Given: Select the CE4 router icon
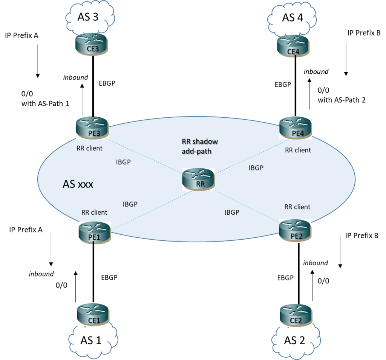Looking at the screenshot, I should pos(293,46).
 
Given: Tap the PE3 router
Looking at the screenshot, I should pos(92,128).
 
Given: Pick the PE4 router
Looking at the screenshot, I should pos(296,128).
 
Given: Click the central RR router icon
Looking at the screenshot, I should pos(198,179).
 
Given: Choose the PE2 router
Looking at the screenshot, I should pos(295,231).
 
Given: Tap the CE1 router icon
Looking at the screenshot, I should pos(93,314).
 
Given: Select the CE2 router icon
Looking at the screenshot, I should pos(296,315).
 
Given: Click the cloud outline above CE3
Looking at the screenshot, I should pos(90,17).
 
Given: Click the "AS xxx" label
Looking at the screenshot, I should pos(78,185).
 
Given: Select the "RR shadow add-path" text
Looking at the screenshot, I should pos(200,146).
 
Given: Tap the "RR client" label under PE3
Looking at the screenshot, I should pos(89,148).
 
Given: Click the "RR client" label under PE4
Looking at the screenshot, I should pos(298,150).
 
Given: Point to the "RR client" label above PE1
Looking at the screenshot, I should pos(94,212).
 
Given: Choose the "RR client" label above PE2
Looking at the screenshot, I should pos(297,207).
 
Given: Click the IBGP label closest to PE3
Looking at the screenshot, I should pos(124,162).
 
